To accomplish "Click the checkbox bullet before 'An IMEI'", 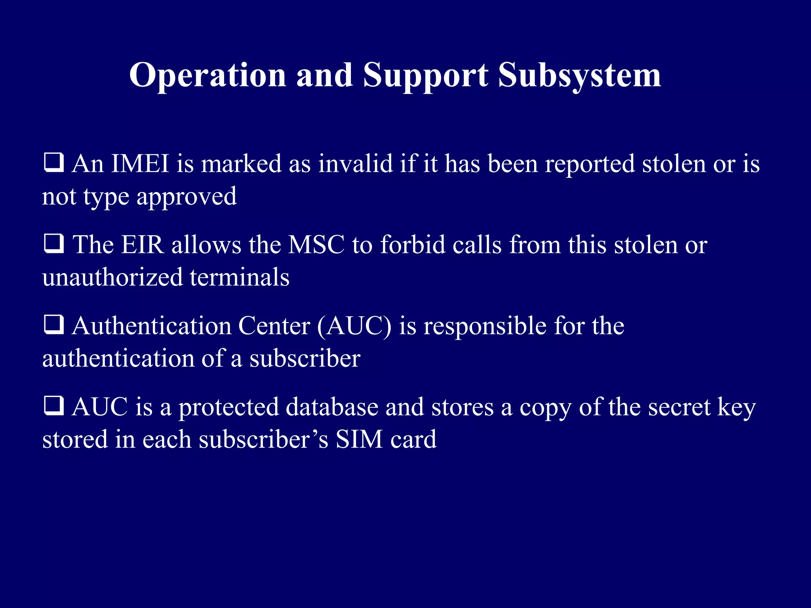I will [x=53, y=163].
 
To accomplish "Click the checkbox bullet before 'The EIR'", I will [x=53, y=244].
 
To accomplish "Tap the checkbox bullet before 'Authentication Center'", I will [x=53, y=325].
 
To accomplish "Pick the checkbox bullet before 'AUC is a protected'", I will [x=53, y=406].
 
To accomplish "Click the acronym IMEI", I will [x=140, y=163].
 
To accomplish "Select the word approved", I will [x=187, y=197].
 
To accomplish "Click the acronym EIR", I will [x=143, y=245].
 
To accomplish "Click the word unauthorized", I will [x=112, y=277].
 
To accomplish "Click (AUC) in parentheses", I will [x=354, y=326].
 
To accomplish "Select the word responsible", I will [x=485, y=326].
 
